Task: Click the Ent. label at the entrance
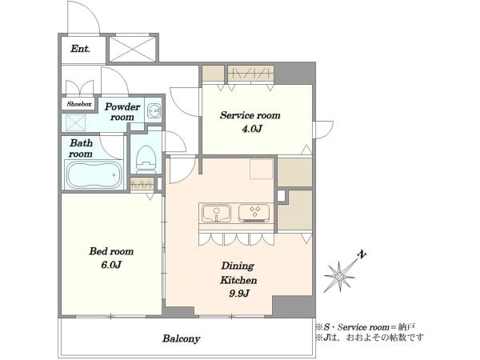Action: coord(81,49)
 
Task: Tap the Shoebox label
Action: coord(79,104)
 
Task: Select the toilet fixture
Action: coord(146,159)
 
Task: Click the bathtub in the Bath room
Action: coord(94,175)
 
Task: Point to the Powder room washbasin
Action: coord(154,110)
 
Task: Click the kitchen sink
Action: coord(216,214)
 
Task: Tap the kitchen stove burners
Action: coord(254,213)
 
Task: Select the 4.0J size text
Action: coord(252,129)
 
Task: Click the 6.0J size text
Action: coord(111,265)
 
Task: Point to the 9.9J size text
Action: coord(239,294)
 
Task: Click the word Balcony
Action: coord(182,339)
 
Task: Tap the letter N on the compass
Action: coord(362,254)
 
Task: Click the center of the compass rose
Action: coord(339,277)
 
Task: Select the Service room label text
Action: coord(250,115)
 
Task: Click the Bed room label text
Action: coord(111,251)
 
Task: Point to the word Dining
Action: coord(238,266)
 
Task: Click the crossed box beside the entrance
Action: coord(132,50)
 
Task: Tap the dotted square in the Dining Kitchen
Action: coord(261,169)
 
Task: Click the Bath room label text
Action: coord(81,148)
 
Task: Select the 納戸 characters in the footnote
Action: coord(407,327)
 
